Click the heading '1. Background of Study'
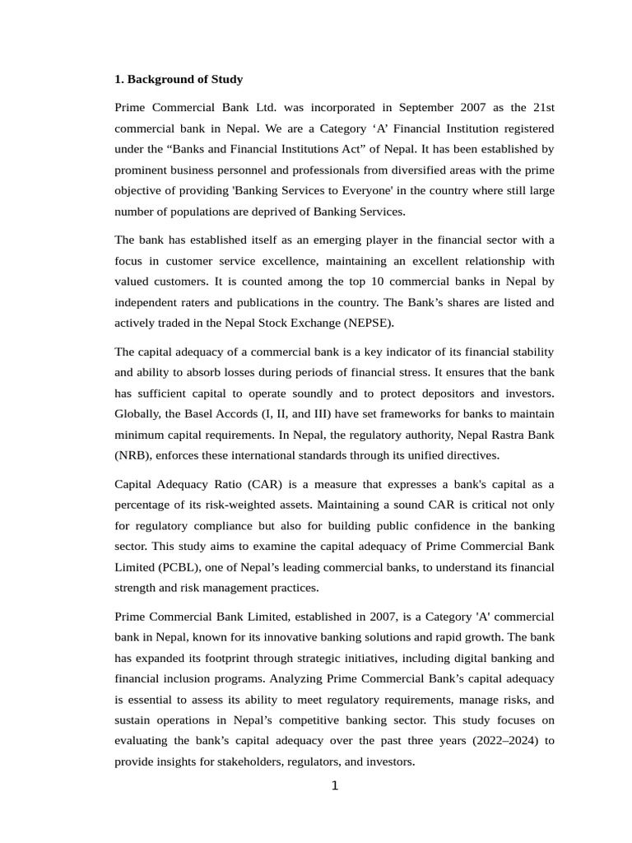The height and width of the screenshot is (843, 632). [179, 80]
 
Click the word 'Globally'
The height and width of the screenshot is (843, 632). [137, 413]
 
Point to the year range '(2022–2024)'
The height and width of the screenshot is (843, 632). [501, 741]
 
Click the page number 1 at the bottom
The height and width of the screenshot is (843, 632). [335, 786]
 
